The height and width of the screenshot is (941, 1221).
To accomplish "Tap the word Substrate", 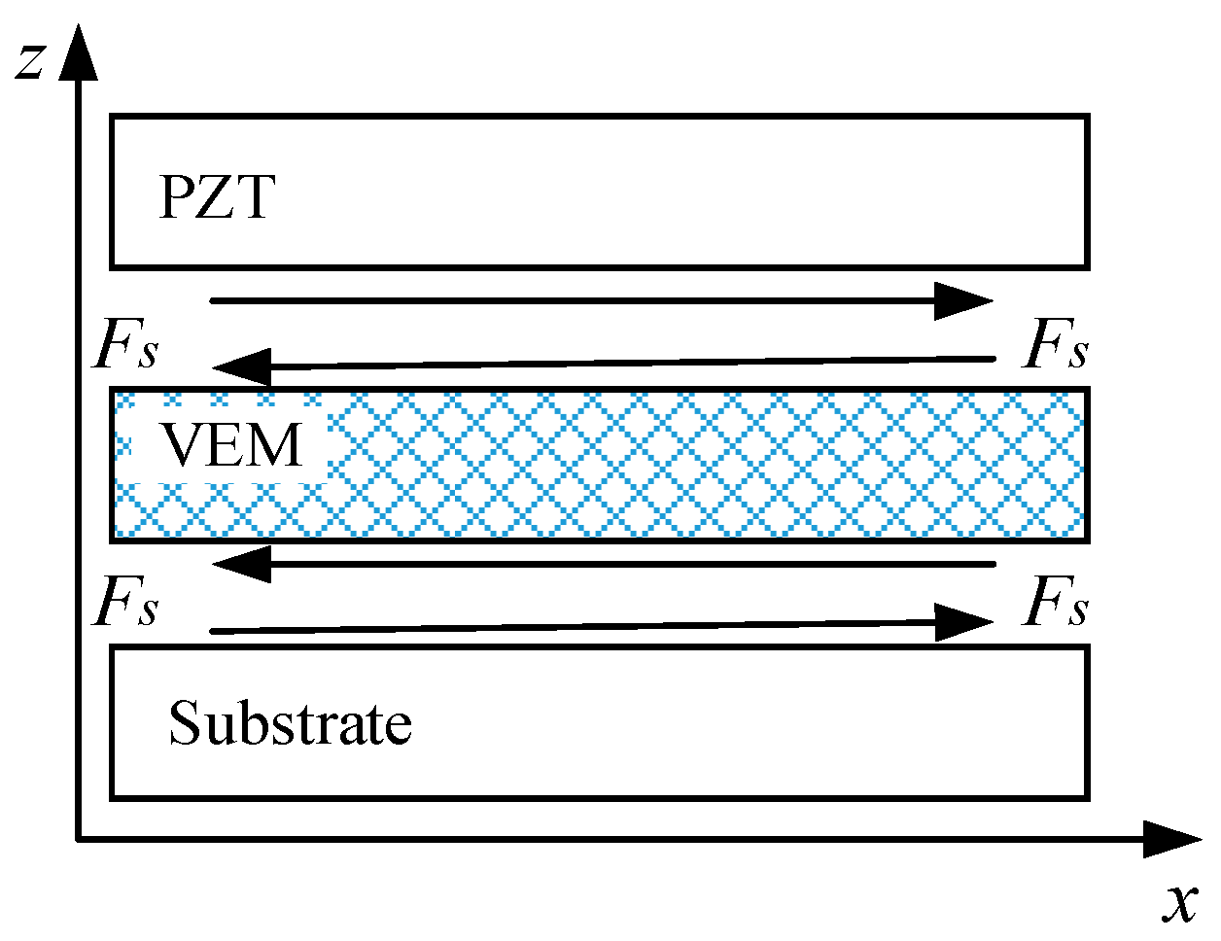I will click(x=290, y=723).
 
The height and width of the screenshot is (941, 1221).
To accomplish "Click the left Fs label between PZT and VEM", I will click(x=125, y=346).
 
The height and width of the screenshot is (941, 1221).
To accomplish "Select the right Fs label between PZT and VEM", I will click(x=1056, y=346).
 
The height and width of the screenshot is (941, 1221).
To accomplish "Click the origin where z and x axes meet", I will click(x=78, y=838).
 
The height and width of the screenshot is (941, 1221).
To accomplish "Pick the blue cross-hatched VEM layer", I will click(x=680, y=463).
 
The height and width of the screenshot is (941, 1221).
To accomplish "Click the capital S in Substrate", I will click(x=185, y=723).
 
